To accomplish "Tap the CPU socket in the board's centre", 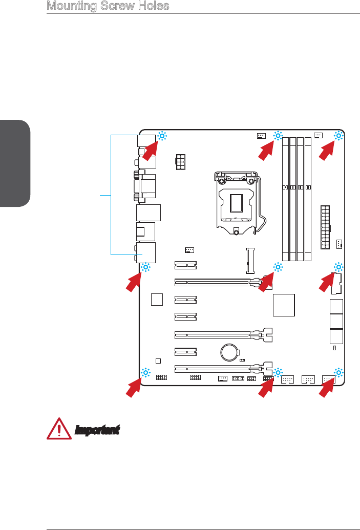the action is pos(236,202).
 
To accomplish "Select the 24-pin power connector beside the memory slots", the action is pos(325,227).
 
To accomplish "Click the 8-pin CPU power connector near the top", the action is pos(180,162).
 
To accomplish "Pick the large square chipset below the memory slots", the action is pos(285,306).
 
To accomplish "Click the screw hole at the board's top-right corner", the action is pos(338,136).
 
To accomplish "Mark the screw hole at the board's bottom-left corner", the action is pos(145,372).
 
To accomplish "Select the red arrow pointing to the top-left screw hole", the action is pos(151,151).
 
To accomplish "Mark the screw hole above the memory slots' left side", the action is pos(278,136).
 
